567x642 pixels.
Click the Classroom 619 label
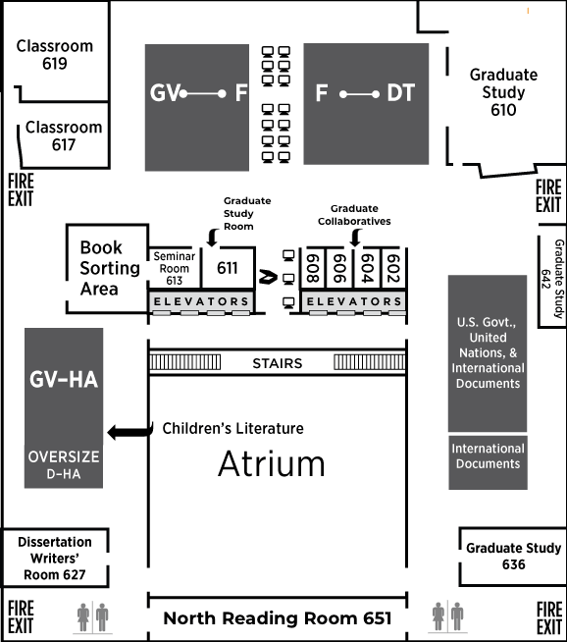[55, 54]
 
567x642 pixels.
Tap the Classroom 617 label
[64, 135]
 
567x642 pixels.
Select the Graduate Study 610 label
[503, 92]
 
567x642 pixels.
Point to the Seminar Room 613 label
[175, 268]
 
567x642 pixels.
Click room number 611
[227, 268]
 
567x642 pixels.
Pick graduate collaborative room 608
[313, 269]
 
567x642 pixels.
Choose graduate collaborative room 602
[393, 269]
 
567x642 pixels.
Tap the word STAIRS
[278, 363]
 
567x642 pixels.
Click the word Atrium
[272, 463]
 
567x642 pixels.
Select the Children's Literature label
[233, 428]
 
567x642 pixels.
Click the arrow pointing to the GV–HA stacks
[130, 432]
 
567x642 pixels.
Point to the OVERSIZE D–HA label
[64, 464]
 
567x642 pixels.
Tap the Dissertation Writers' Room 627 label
[55, 558]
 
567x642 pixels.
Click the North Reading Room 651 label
[278, 618]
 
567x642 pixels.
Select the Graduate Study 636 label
[513, 556]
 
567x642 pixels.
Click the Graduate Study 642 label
[552, 279]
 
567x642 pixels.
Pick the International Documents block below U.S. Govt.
[489, 462]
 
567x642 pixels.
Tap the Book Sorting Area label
[110, 268]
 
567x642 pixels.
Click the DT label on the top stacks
[401, 92]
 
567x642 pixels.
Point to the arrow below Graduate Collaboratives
[356, 238]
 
